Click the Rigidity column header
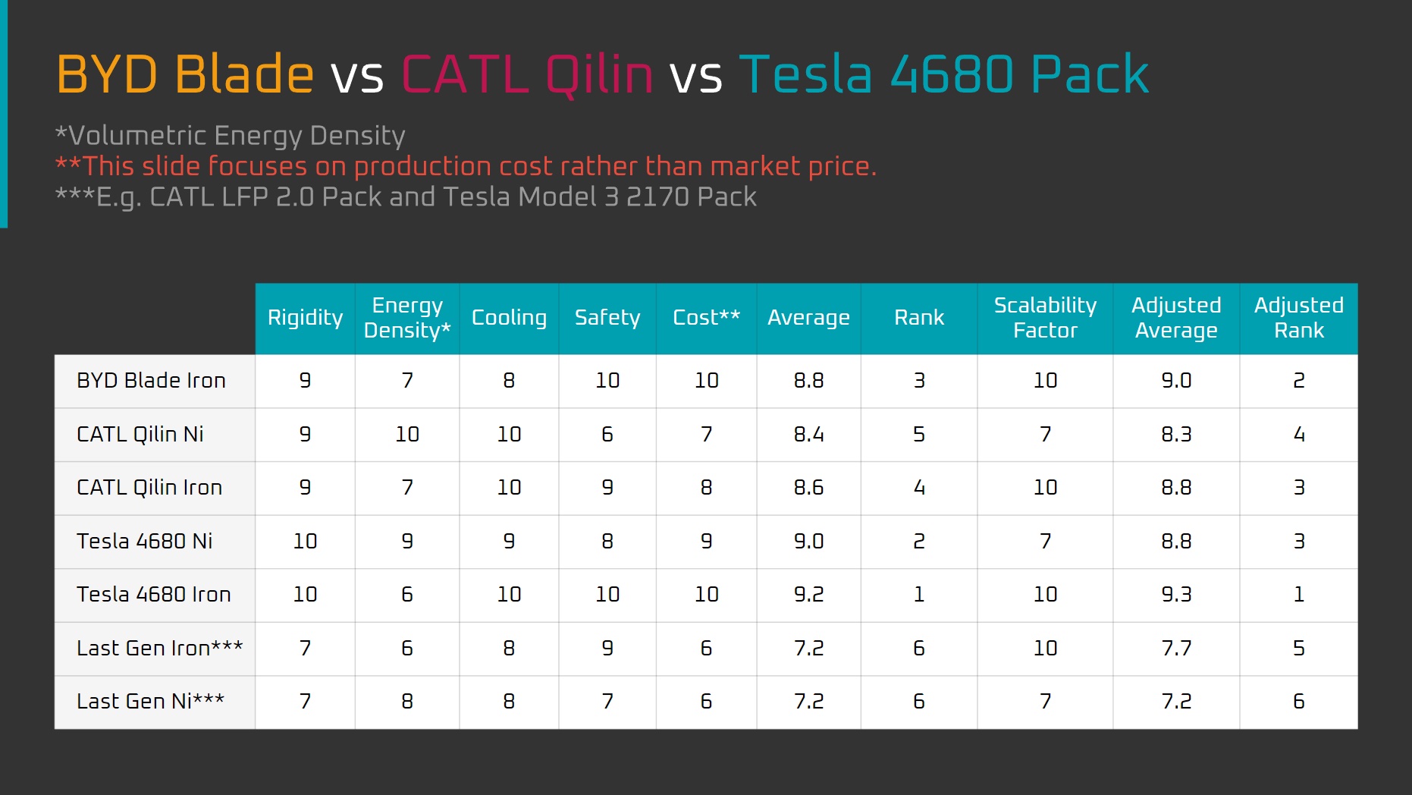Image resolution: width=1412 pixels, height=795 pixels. tap(305, 318)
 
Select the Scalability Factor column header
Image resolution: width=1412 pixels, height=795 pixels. tap(1045, 318)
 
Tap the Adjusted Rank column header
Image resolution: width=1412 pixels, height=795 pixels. tap(1299, 318)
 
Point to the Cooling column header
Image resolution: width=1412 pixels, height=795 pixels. tap(509, 318)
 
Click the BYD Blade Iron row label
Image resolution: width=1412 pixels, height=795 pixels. tap(152, 380)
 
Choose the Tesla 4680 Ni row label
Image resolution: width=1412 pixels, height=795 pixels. tap(145, 541)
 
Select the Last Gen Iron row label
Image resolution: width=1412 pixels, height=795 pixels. tap(160, 648)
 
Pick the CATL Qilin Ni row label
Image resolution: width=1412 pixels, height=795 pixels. tap(140, 434)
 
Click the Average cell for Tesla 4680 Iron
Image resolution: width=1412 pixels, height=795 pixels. tap(808, 595)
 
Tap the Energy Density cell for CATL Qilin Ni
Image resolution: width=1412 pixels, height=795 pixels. tap(407, 434)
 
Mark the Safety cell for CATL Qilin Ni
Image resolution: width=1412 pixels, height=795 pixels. tap(607, 434)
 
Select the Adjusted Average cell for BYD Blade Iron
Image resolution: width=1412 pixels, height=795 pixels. tap(1176, 380)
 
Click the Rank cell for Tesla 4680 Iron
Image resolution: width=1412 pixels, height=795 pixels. tap(919, 595)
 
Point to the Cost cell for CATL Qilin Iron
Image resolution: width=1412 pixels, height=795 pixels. tap(706, 488)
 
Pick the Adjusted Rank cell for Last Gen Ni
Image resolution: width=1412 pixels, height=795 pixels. tap(1299, 702)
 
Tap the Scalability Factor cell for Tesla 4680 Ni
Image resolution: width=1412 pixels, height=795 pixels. tap(1045, 541)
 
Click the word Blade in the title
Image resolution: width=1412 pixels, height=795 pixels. tap(244, 74)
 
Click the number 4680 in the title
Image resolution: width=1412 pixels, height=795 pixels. tap(952, 74)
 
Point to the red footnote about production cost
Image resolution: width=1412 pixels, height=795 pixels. tap(466, 166)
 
